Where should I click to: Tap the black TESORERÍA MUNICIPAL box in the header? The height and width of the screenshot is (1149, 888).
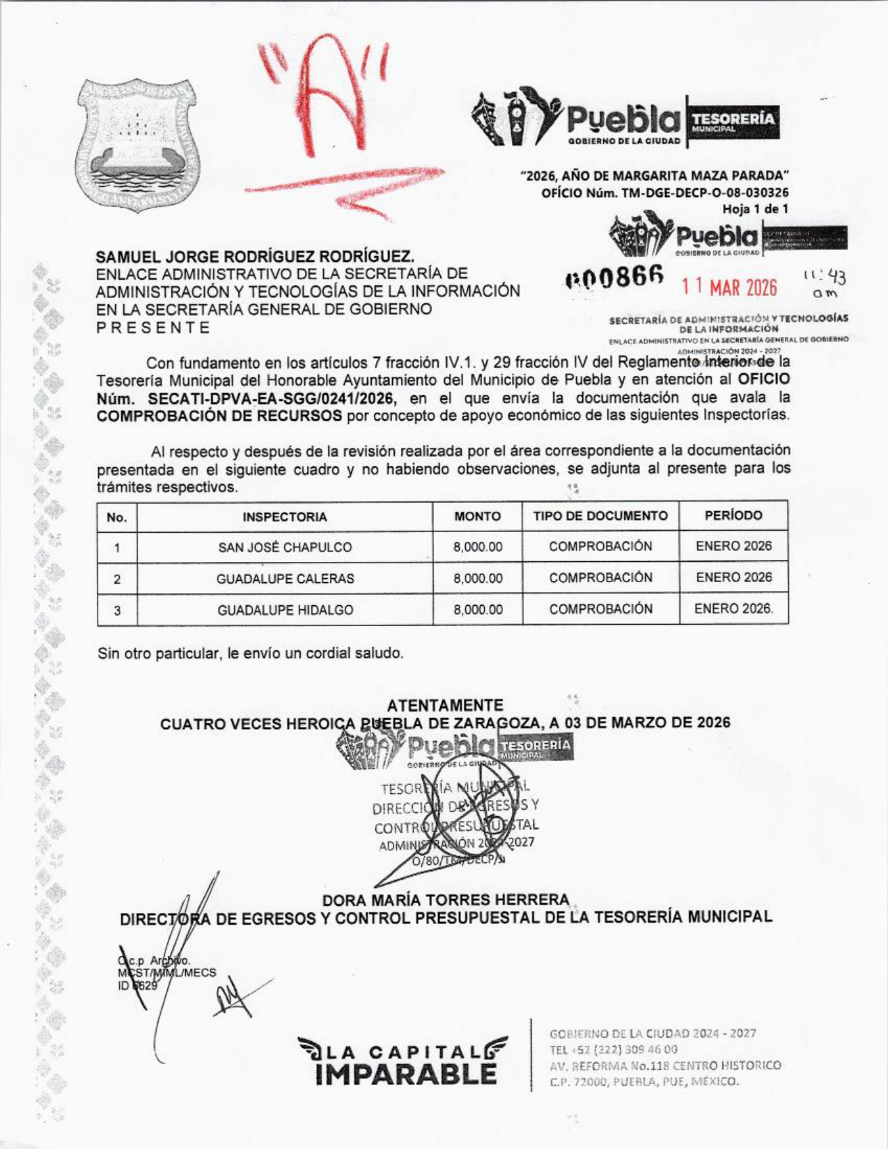coord(733,121)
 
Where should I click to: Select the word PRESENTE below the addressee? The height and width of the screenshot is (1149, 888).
coord(153,327)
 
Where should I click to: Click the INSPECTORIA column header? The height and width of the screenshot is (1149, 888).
coord(284,517)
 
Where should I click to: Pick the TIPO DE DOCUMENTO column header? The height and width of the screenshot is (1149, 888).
coord(600,516)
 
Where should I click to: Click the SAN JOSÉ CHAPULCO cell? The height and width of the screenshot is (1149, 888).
coord(285,547)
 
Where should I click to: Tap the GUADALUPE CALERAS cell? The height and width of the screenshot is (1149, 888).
coord(285,579)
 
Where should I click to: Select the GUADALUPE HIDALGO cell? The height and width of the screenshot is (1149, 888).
coord(285,610)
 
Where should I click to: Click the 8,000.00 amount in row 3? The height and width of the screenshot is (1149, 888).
coord(478,610)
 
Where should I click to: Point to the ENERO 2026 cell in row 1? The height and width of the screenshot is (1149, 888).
coord(733,546)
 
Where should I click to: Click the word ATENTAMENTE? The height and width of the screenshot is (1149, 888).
coord(445,705)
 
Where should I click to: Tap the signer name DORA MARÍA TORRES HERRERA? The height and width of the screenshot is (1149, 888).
coord(446,900)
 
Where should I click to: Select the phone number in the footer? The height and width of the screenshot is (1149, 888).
coord(614,1049)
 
